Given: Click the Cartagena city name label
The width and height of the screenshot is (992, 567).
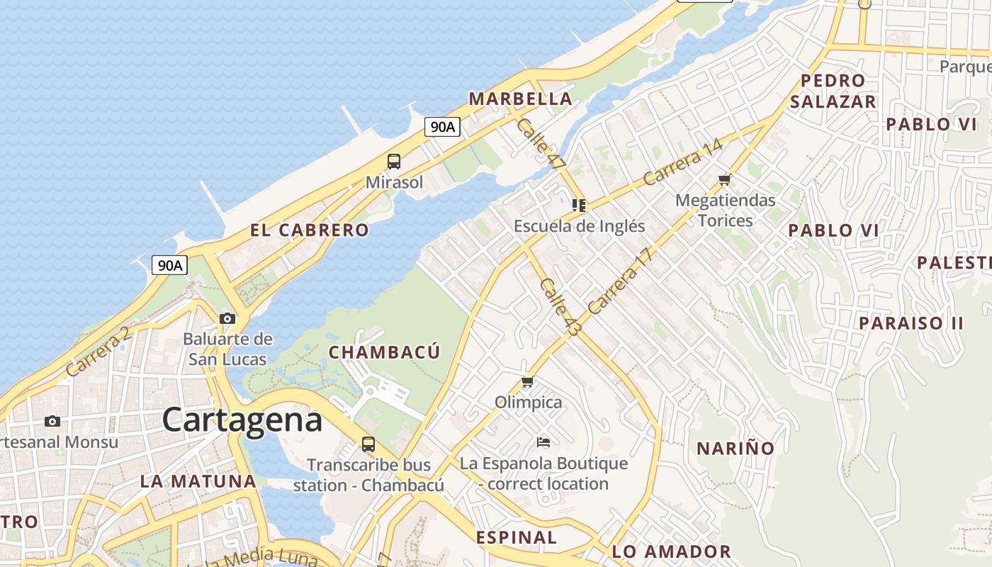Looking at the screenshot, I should point(242,420).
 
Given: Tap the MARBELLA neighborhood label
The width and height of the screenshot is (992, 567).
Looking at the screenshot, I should point(520,99).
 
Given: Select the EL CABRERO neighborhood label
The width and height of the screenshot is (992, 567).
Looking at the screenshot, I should point(310,230).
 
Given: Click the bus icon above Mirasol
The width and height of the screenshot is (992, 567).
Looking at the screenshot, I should point(394,162).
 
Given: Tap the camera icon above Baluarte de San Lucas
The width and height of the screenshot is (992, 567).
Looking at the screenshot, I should point(227,318).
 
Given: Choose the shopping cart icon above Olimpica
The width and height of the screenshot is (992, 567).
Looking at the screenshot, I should point(528,382).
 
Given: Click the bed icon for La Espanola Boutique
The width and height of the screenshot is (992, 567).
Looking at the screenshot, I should point(543,442).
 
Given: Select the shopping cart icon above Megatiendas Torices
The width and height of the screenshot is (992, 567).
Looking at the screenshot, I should point(724,179).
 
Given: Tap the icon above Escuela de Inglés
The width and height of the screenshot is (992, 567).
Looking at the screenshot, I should point(579,206).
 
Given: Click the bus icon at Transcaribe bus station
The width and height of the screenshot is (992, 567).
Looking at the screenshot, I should point(368,444).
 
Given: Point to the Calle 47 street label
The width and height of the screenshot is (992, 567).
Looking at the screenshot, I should point(541,142).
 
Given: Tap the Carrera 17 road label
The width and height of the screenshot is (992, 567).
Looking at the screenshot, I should point(619,281).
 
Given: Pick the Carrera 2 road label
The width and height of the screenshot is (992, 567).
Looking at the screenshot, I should point(98,352).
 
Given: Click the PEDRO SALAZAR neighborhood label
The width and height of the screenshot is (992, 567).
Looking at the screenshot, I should point(833,91).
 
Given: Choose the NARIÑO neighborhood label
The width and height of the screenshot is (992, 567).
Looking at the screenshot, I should point(735,448).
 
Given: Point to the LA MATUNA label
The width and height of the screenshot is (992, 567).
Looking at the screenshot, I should point(198,481).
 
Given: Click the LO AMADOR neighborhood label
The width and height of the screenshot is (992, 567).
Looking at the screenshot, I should point(671,551).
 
